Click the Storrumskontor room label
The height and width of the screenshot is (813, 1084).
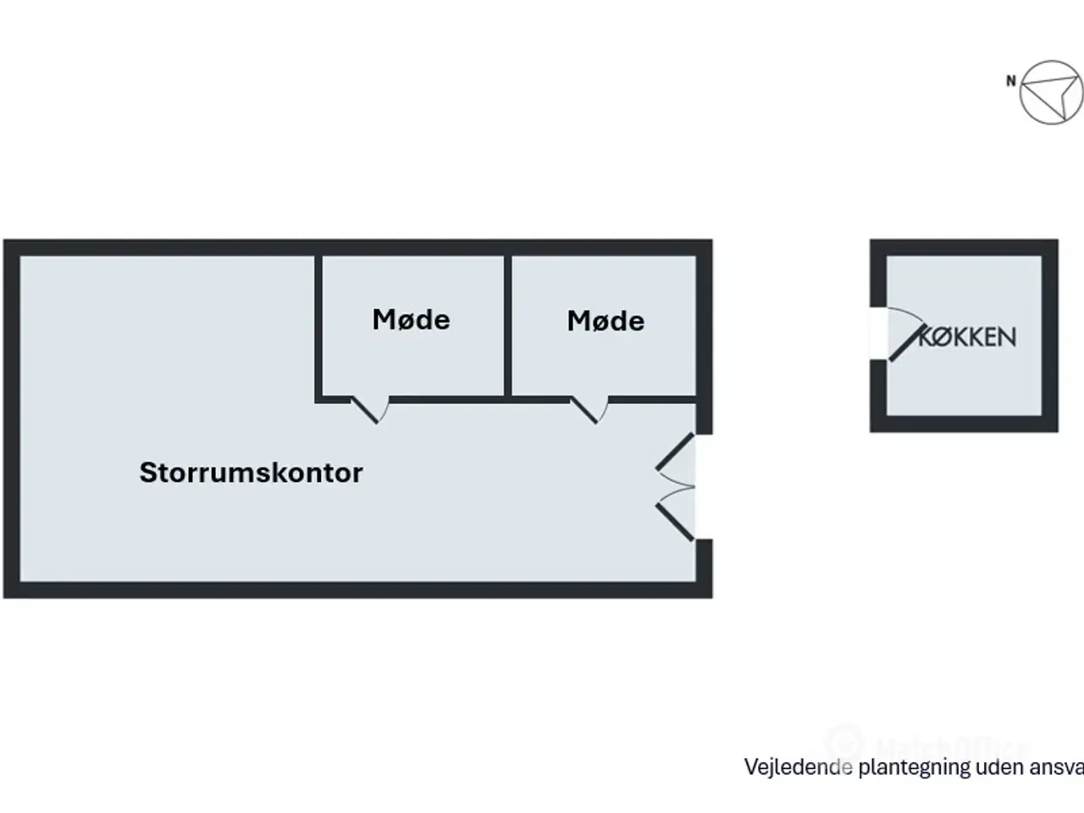coord(251,473)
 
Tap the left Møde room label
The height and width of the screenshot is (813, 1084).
coord(411,320)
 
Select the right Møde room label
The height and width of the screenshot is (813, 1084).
coord(606,321)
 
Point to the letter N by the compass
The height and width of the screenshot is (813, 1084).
coord(1010,81)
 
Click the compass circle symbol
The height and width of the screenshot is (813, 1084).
coord(1051,91)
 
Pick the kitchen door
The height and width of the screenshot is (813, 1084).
coord(904,342)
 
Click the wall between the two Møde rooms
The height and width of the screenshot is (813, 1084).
coord(508,326)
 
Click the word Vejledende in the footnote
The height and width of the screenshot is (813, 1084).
coord(798,767)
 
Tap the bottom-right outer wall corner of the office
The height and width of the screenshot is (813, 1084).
coord(705,590)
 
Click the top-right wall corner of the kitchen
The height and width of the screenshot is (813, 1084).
coord(1050,246)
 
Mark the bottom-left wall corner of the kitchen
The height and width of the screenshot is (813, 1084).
coord(878,424)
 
